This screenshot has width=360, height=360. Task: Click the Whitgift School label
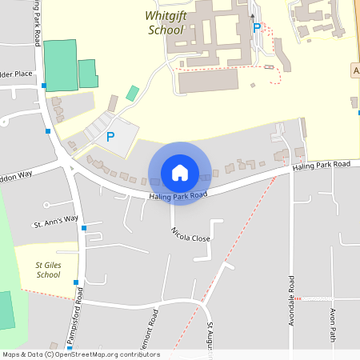pyautogui.click(x=166, y=22)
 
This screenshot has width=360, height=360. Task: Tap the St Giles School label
pyautogui.click(x=48, y=270)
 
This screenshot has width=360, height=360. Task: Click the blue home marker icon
pyautogui.click(x=180, y=173)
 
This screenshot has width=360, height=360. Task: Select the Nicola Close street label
pyautogui.click(x=190, y=234)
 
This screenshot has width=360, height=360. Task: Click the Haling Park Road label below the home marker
pyautogui.click(x=178, y=196)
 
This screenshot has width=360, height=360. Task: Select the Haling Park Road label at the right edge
pyautogui.click(x=322, y=164)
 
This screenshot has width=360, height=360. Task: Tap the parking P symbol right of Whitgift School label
pyautogui.click(x=257, y=28)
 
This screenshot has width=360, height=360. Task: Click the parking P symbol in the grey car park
pyautogui.click(x=110, y=137)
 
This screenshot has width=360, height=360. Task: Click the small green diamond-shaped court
pyautogui.click(x=132, y=93)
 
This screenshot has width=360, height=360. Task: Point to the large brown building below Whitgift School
pyautogui.click(x=208, y=81)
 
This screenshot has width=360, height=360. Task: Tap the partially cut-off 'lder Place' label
pyautogui.click(x=16, y=74)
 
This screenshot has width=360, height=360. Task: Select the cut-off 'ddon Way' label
pyautogui.click(x=16, y=173)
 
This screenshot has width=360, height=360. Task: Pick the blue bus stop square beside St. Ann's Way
pyautogui.click(x=84, y=228)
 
